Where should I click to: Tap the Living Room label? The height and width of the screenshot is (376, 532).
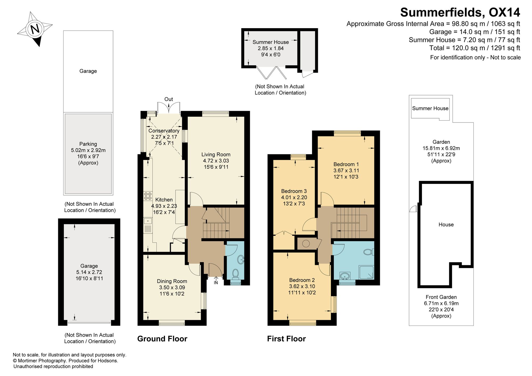click(x=216, y=154)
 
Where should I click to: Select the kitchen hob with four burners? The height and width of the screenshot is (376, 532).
click(x=148, y=196)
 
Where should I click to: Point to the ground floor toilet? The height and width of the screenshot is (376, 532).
click(x=235, y=274)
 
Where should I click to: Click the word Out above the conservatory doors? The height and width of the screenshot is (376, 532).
click(x=169, y=99)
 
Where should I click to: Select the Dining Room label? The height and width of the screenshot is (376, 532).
click(x=172, y=281)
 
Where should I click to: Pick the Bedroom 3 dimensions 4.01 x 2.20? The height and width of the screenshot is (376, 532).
click(x=294, y=197)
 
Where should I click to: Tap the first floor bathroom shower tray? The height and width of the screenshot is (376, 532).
click(x=366, y=272)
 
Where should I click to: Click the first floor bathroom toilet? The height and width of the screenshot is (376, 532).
click(x=369, y=252)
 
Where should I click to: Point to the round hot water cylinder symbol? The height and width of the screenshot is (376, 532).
click(x=306, y=243)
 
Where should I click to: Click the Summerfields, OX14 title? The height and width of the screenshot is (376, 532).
click(x=460, y=12)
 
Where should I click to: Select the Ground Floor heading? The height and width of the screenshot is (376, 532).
click(x=162, y=339)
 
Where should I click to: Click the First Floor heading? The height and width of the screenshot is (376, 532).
click(x=286, y=339)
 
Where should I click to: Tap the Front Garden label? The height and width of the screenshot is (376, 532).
click(x=441, y=297)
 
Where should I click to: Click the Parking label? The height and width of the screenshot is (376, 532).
click(x=88, y=144)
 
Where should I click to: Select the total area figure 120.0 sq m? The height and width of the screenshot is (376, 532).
click(x=459, y=48)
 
